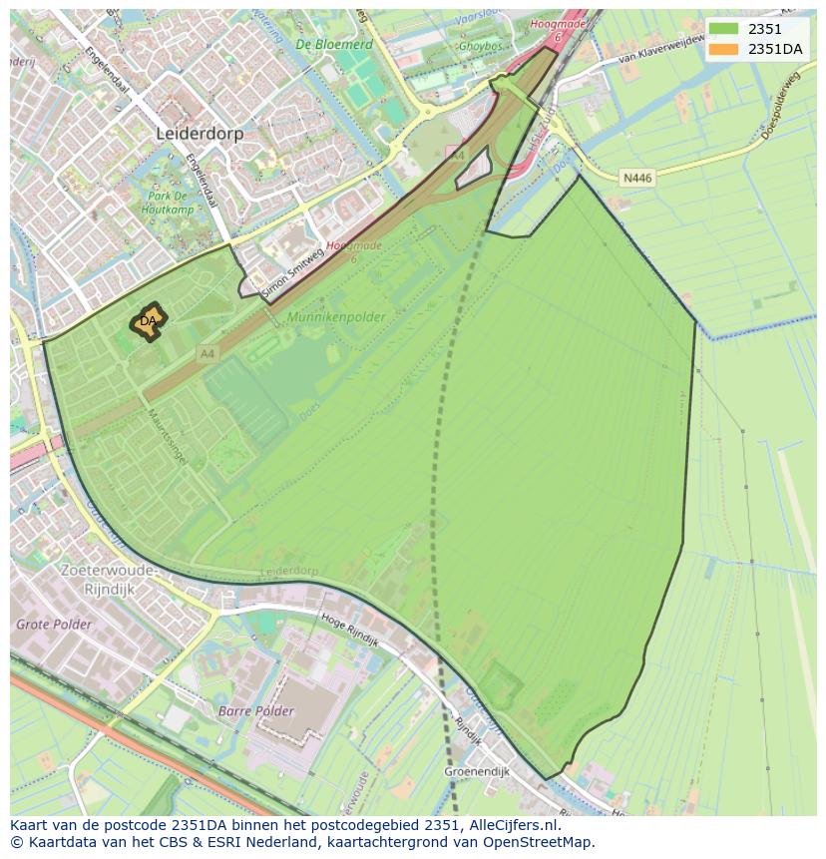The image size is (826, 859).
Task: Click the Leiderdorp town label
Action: (200, 133)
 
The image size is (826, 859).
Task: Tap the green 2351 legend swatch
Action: (724, 29)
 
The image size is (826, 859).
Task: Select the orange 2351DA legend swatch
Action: (724, 49)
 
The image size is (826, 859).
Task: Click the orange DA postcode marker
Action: (148, 321)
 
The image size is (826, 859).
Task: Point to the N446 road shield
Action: (636, 179)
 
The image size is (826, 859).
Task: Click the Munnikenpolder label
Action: (335, 316)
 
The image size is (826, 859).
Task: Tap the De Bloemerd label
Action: (334, 45)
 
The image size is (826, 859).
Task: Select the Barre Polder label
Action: (256, 711)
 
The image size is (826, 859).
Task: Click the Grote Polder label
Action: (54, 625)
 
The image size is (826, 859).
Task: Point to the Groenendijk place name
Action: (477, 771)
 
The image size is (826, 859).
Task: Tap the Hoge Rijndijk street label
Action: (349, 630)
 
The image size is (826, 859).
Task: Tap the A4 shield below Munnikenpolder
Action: (206, 353)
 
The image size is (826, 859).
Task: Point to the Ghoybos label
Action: (480, 46)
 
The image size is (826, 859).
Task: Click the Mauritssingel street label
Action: (168, 439)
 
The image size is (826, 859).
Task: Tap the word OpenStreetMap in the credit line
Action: (541, 842)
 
